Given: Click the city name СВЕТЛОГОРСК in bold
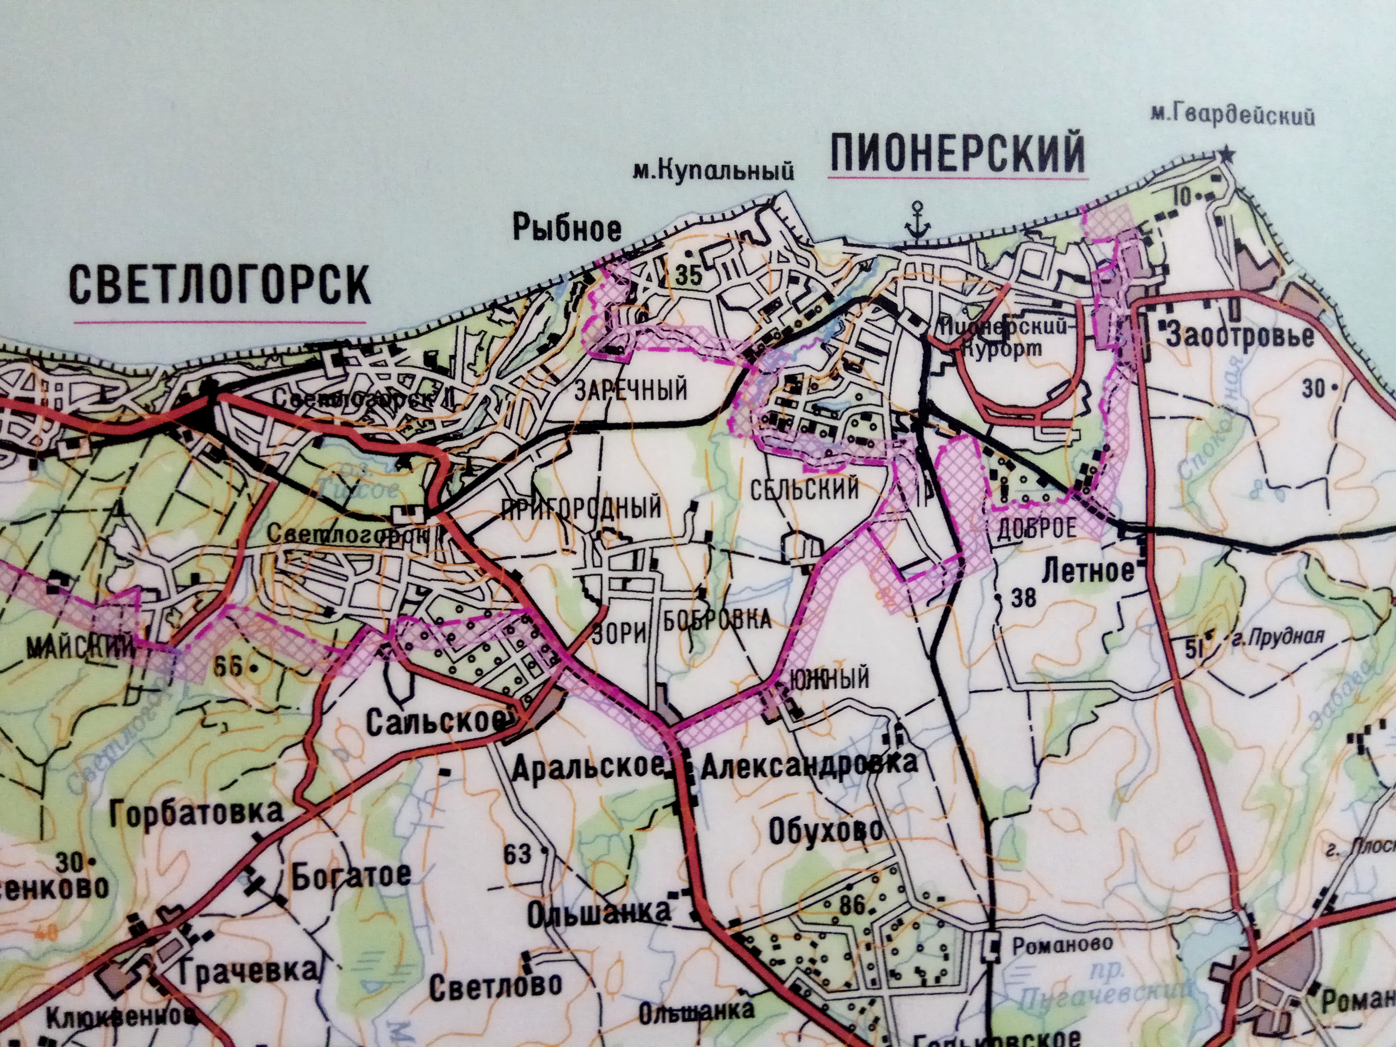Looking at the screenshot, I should click(219, 285).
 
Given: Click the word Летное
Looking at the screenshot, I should click(1089, 572).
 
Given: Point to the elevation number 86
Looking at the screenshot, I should click(853, 905).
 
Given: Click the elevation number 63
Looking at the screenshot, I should click(517, 854).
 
